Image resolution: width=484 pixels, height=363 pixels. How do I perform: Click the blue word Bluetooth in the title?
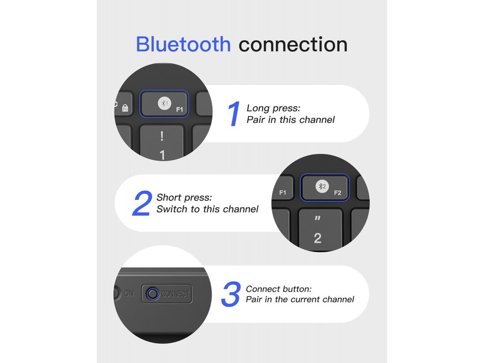183,44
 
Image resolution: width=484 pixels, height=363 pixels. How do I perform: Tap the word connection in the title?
293,45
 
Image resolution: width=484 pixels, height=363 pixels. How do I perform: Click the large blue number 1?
234,114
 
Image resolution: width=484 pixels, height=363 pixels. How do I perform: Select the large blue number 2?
142,203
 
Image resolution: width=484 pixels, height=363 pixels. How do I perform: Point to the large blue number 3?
231,294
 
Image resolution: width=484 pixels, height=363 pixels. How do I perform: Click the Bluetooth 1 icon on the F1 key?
164,103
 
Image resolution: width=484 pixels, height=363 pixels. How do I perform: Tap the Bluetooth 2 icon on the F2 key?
322,186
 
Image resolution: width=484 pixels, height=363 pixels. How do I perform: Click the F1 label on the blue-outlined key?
180,109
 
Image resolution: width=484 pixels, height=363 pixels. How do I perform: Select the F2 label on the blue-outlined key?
337,193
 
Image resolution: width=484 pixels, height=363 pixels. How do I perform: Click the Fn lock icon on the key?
125,108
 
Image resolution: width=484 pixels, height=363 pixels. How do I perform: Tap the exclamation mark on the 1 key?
162,136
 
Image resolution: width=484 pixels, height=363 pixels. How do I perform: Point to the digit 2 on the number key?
318,238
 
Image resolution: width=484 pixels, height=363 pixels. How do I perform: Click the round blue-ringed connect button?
152,293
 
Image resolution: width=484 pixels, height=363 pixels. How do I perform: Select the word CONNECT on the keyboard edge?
175,294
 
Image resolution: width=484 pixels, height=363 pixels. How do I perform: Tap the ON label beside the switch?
129,293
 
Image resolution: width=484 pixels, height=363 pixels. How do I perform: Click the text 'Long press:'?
273,108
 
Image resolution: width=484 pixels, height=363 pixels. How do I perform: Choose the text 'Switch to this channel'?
207,209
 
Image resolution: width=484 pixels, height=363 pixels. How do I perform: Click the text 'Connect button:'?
278,289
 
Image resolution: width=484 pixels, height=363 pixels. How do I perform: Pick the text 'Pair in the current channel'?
300,299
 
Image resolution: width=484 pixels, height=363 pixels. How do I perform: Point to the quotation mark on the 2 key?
318,218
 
